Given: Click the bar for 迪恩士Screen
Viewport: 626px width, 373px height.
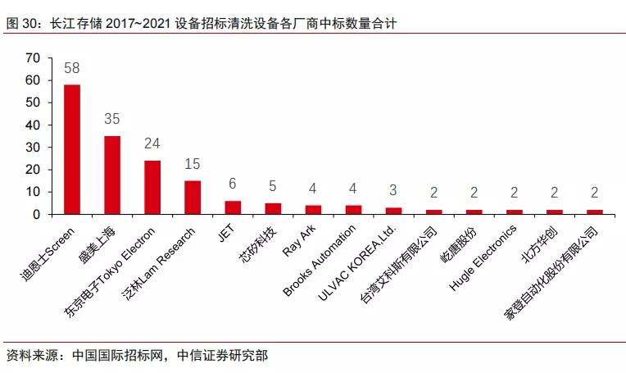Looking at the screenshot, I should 72,149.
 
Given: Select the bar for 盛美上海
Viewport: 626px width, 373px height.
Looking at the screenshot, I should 112,175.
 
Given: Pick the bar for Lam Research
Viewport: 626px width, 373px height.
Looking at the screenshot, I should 193,198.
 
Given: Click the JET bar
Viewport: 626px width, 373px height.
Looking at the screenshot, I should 233,207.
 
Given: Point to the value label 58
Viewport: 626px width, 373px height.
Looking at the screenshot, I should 72,68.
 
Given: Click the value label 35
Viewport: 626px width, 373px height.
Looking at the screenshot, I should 112,120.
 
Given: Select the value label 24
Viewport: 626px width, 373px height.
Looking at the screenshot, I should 152,144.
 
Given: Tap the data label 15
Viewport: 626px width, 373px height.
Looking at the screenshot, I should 193,165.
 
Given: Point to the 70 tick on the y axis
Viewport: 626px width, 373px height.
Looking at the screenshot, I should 33,58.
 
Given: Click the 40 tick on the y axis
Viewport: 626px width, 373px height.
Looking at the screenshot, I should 33,125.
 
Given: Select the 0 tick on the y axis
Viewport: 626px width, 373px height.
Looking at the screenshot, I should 36,215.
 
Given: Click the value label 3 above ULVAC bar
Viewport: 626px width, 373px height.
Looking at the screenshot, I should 393,192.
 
